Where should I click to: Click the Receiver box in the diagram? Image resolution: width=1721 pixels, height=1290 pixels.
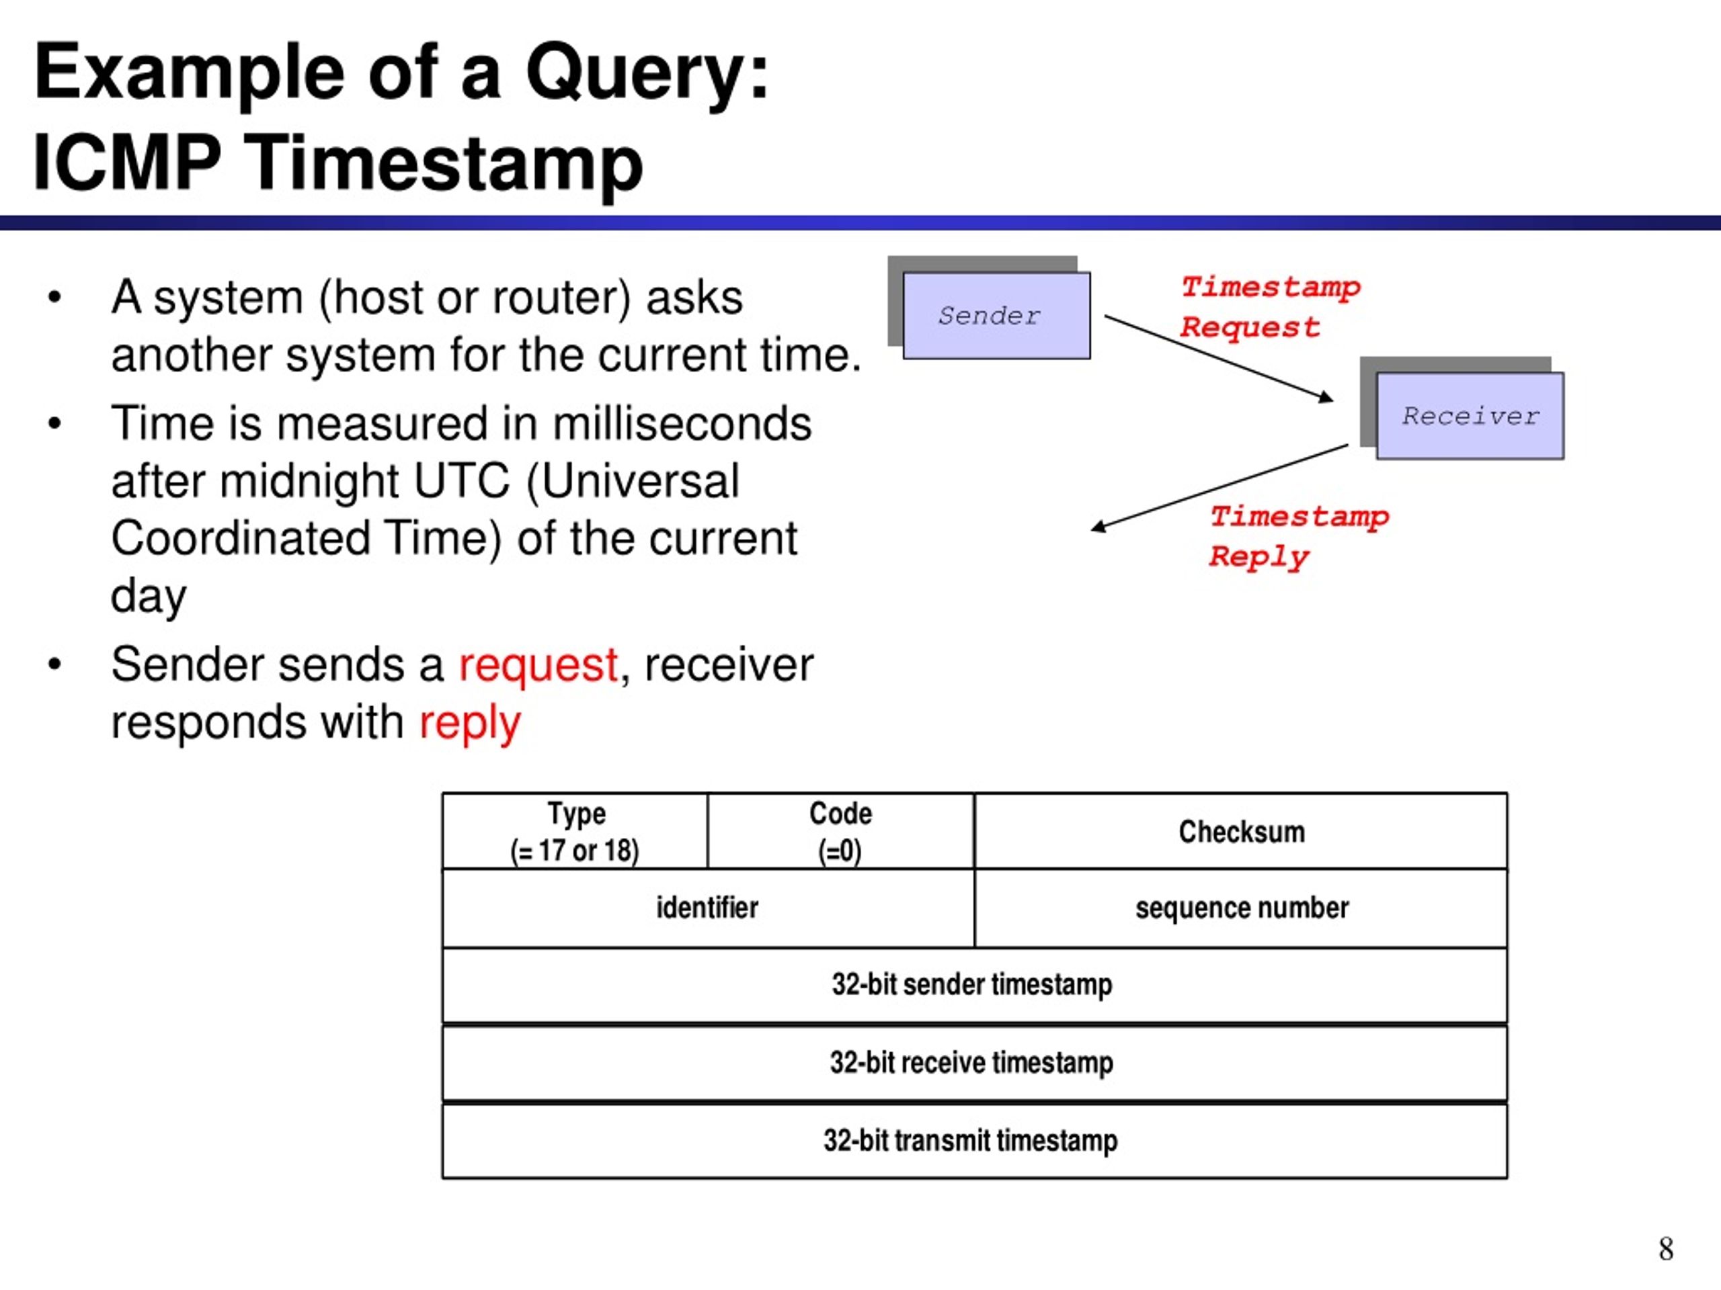1470,416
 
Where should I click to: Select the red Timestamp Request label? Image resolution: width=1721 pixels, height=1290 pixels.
1271,307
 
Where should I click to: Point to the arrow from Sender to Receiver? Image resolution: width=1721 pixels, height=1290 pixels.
1219,359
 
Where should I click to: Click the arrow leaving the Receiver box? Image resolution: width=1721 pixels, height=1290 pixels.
1219,488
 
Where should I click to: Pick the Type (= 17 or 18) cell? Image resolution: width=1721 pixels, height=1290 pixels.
575,831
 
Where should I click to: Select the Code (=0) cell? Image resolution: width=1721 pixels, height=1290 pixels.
841,831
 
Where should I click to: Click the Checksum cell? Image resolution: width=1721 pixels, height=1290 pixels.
1241,831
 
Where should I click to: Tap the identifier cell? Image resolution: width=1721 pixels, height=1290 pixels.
708,908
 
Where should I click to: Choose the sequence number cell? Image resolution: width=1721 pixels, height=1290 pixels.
1241,908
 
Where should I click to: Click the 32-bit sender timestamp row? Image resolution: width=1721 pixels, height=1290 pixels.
974,985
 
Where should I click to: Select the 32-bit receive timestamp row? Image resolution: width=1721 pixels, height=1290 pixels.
974,1063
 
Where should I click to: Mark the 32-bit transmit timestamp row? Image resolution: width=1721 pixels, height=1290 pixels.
974,1141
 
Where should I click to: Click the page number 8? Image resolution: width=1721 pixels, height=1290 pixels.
1666,1249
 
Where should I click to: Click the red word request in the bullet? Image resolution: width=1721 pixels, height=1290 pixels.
538,666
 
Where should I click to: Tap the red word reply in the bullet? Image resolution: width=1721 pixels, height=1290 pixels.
469,724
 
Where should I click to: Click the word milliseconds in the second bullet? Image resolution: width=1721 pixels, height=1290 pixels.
682,424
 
